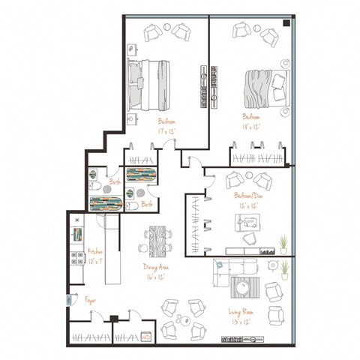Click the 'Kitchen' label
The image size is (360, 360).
pyautogui.click(x=94, y=252)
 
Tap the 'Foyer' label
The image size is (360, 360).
pyautogui.click(x=90, y=298)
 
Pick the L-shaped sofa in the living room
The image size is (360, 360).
pyautogui.click(x=225, y=271)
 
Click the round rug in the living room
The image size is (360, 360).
pyautogui.click(x=244, y=287)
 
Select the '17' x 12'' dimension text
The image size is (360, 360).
pyautogui.click(x=166, y=130)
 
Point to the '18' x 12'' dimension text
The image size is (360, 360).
pyautogui.click(x=250, y=127)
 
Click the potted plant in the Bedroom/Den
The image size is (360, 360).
pyautogui.click(x=283, y=241)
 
